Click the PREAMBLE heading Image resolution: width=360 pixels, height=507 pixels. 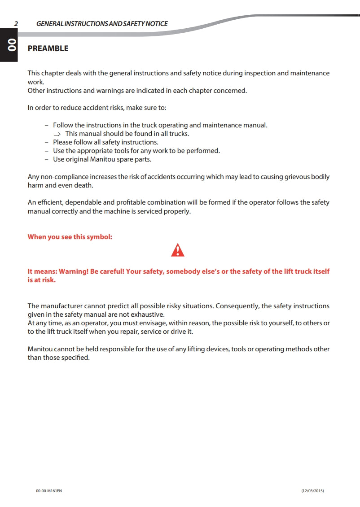click(x=48, y=48)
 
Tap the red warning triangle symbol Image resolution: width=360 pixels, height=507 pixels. click(x=178, y=250)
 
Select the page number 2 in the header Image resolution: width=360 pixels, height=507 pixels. click(x=16, y=24)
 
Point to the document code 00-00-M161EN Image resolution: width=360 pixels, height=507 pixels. click(x=49, y=491)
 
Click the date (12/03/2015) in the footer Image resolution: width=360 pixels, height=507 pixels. click(x=312, y=491)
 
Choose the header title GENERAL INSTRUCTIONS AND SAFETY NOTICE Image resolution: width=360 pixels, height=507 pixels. click(x=102, y=24)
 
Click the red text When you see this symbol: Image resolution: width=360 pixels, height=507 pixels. click(x=70, y=237)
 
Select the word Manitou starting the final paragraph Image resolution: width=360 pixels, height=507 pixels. click(x=40, y=349)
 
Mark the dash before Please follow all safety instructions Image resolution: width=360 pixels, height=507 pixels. click(x=47, y=142)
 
